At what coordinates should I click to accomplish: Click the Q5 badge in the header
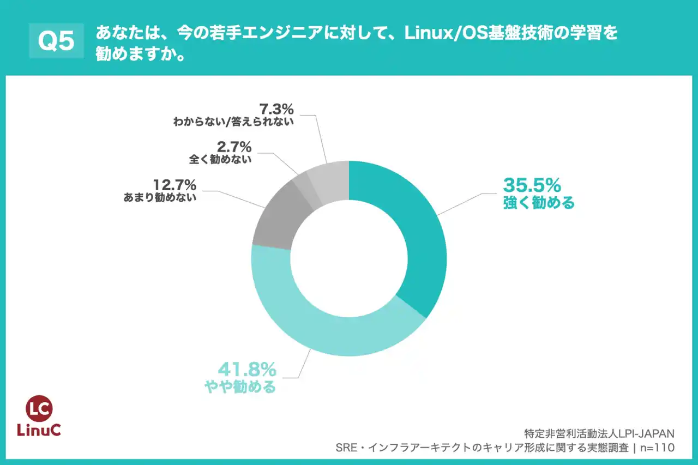pos(57,41)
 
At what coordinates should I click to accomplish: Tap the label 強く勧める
pos(538,204)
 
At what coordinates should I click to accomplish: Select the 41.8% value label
pos(248,370)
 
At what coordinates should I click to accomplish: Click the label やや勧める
pos(240,388)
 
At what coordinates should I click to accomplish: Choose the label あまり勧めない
pos(160,197)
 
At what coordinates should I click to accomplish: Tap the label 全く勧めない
pos(220,160)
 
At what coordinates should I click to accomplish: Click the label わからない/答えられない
pos(233,121)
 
